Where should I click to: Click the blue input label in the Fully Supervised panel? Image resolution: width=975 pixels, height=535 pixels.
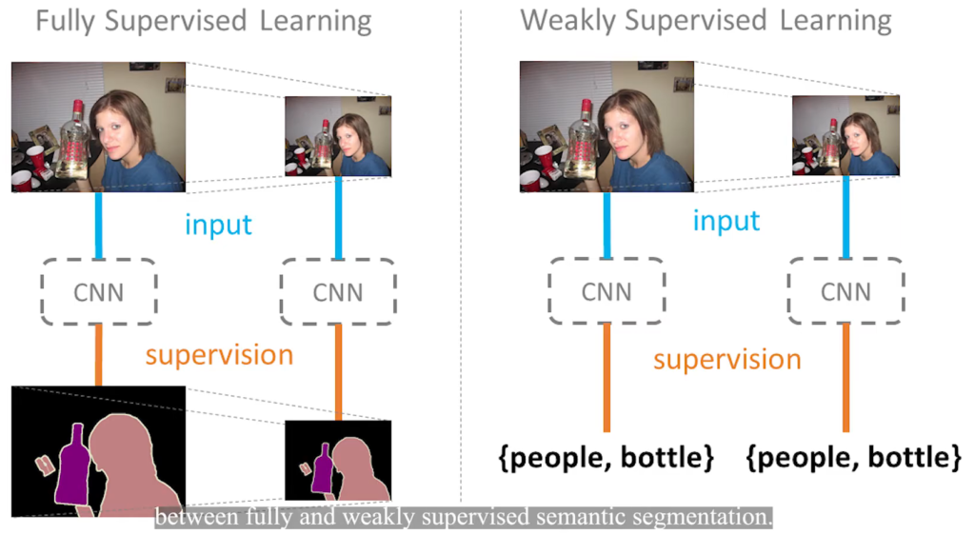click(x=218, y=225)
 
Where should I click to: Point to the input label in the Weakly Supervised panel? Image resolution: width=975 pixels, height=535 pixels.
click(x=726, y=221)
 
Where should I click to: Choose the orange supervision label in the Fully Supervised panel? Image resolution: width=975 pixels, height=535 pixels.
click(x=219, y=355)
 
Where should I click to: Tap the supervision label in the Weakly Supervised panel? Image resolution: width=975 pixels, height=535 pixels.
click(x=726, y=360)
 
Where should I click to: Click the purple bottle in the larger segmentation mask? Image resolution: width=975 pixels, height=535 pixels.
click(x=72, y=466)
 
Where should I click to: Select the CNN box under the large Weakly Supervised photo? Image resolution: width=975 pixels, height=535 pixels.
click(x=607, y=289)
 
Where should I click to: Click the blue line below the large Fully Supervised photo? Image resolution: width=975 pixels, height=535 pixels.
click(x=98, y=225)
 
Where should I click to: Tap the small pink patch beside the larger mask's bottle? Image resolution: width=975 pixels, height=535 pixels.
click(x=44, y=464)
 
